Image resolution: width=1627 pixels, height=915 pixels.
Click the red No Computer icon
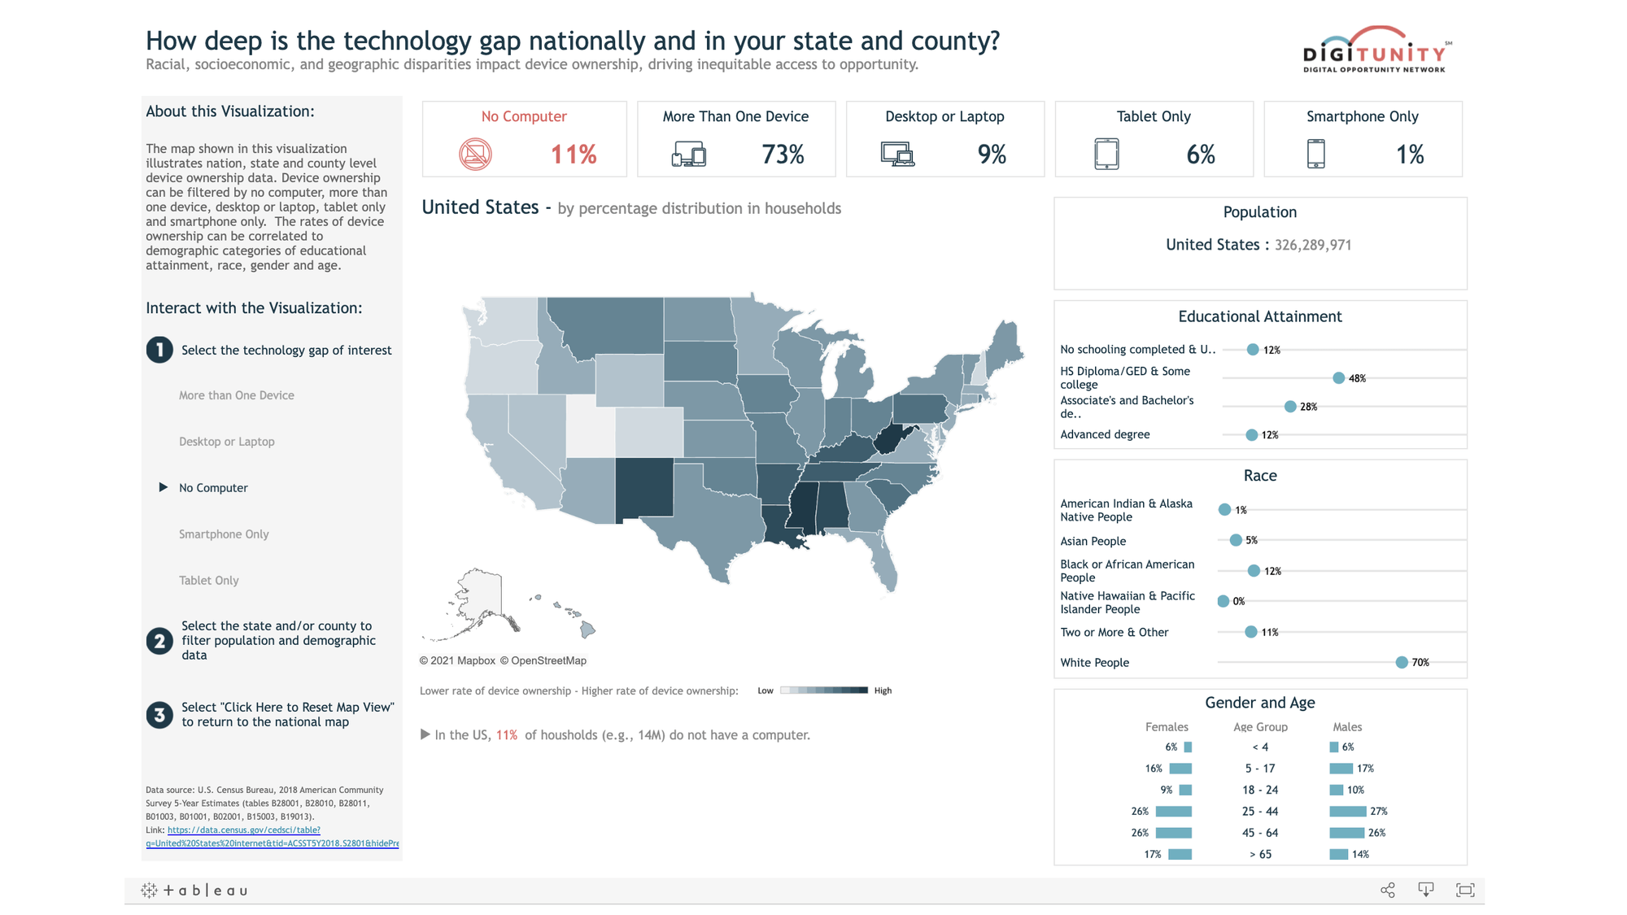[x=475, y=154]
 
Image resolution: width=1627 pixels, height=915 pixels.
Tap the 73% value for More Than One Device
[x=783, y=154]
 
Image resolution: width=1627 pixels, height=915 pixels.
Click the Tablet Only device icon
[x=1106, y=154]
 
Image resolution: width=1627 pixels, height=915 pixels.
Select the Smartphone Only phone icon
[x=1315, y=154]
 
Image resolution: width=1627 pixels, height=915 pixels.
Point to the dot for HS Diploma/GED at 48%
[x=1338, y=377]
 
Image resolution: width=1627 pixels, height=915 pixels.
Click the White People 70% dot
[x=1401, y=662]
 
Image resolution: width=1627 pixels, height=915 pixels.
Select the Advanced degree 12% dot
[x=1251, y=435]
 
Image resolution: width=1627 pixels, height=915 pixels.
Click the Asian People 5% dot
[x=1236, y=540]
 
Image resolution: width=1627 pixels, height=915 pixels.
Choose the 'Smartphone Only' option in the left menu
[x=224, y=534]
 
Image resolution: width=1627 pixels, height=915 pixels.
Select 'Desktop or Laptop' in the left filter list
[x=227, y=442]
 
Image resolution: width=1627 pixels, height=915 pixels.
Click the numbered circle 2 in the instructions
[x=159, y=641]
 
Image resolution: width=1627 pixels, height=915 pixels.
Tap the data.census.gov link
[x=244, y=830]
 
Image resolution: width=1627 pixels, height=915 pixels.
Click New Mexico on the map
[x=644, y=488]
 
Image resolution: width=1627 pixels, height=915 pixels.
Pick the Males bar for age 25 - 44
[x=1347, y=811]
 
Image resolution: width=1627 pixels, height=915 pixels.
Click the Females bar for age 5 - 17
[x=1180, y=769]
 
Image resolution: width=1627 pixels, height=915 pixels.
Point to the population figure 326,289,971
[x=1312, y=245]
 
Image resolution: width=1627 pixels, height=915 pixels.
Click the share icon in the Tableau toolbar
[x=1388, y=890]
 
